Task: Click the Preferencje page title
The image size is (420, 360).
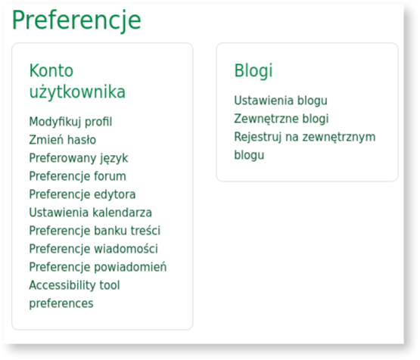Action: tap(76, 20)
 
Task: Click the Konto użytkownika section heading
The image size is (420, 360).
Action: tap(76, 82)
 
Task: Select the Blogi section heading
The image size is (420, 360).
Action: tap(254, 71)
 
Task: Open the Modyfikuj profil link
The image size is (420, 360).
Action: tap(70, 122)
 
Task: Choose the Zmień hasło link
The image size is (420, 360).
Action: tap(62, 140)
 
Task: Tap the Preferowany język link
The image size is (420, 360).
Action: tap(79, 158)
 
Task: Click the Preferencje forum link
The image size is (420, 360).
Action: tap(77, 176)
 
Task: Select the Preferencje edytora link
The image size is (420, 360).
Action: tap(82, 194)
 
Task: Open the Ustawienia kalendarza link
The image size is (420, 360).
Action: tap(90, 213)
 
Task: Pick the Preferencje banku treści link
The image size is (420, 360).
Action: tap(95, 231)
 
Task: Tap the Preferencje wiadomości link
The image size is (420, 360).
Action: tap(93, 249)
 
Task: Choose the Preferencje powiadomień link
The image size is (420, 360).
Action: tap(98, 267)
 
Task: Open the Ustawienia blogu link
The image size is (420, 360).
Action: tap(281, 101)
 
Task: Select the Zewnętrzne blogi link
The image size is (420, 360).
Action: tap(282, 119)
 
